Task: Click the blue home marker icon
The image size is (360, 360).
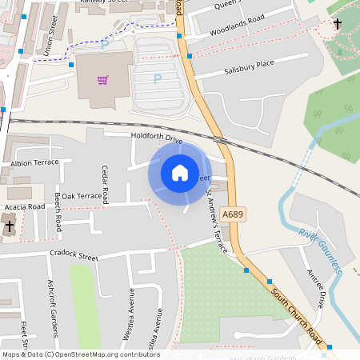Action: [180, 172]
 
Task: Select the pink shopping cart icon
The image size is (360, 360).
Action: [102, 80]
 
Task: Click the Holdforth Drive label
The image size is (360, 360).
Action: [157, 140]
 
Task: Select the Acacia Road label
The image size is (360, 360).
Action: [25, 206]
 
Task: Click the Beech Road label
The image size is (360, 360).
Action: [58, 213]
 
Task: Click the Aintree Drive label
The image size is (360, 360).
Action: [316, 288]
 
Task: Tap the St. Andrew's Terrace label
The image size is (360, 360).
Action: [216, 222]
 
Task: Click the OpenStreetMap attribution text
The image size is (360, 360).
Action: [81, 354]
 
